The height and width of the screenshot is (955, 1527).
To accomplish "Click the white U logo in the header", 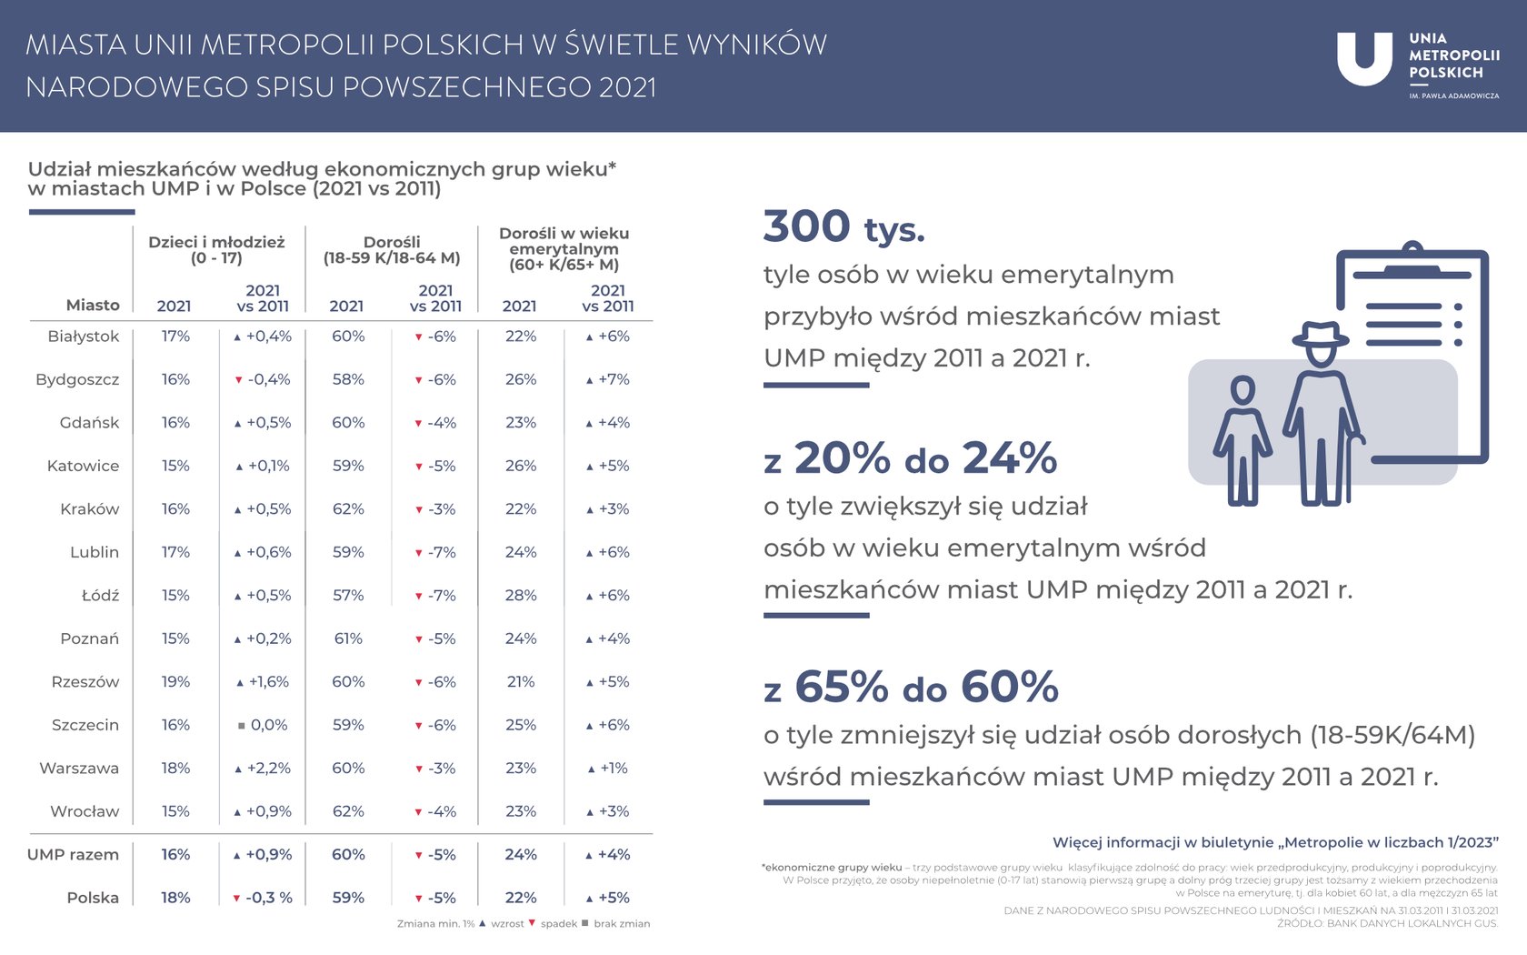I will [x=1363, y=57].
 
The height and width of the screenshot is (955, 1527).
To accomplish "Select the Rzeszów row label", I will [x=85, y=682].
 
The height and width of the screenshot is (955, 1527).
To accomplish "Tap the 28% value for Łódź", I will [x=521, y=596].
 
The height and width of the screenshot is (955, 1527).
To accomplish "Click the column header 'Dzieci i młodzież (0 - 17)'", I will [x=216, y=250].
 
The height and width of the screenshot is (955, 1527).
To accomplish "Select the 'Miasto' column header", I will [x=93, y=306].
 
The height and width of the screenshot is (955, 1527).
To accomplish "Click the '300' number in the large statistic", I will [x=807, y=226].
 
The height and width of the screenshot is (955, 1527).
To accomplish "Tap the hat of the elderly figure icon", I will [x=1321, y=335].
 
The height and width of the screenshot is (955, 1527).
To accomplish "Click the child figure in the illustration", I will [x=1243, y=441].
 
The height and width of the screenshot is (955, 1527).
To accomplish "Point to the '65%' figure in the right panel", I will [x=841, y=688].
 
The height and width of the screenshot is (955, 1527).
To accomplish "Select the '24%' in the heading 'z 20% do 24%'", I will [x=1009, y=458].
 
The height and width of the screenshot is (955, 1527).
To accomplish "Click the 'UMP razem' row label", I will [x=73, y=855].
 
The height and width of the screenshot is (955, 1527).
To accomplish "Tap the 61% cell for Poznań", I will [x=348, y=639].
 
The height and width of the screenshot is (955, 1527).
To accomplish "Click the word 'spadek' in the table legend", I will [x=558, y=924].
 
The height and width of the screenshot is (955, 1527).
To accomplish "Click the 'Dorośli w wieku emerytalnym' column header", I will [x=564, y=249].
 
